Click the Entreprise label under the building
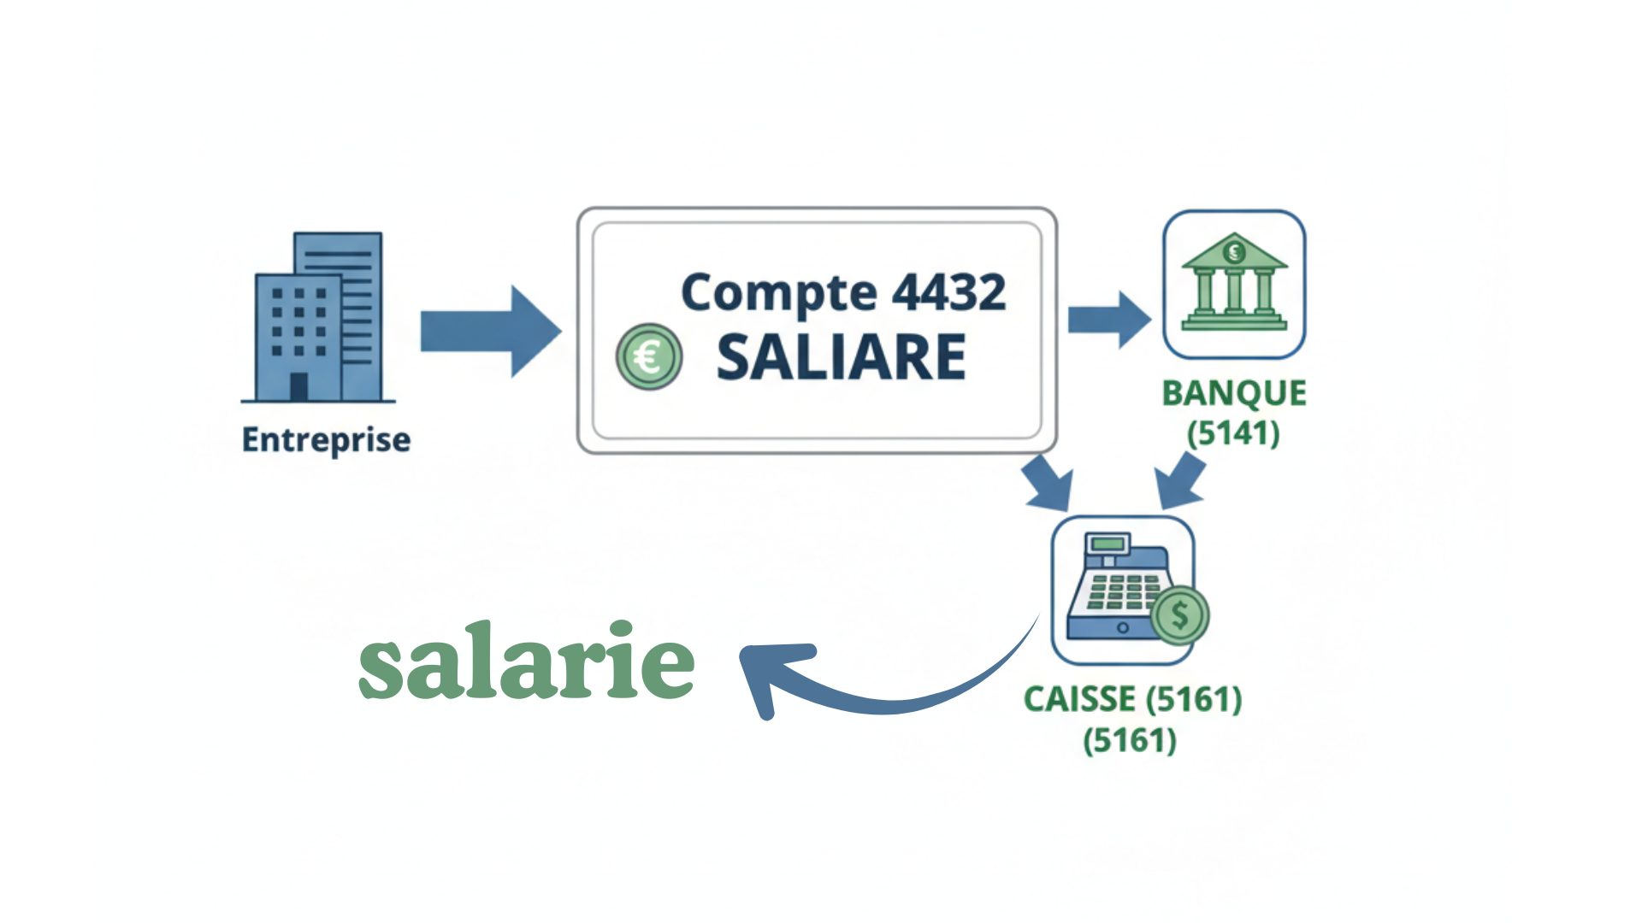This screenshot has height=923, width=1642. (326, 440)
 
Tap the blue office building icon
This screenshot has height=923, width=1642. (318, 317)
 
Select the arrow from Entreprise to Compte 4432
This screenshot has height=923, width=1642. (491, 332)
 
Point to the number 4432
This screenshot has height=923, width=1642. (949, 292)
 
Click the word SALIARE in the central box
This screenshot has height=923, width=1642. (842, 357)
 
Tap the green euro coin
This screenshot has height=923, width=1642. (649, 356)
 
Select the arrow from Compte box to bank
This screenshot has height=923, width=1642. (1109, 320)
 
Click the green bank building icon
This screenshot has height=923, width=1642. (1234, 283)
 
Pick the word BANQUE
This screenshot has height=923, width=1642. (1234, 393)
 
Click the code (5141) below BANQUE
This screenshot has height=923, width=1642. (1233, 432)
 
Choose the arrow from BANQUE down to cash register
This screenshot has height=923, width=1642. (1180, 482)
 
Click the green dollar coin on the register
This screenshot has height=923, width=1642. (1180, 615)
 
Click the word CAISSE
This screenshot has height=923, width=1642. (1079, 700)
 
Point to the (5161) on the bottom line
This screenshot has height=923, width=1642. (1130, 740)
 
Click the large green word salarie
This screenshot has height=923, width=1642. (526, 661)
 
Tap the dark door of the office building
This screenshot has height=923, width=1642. (298, 387)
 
